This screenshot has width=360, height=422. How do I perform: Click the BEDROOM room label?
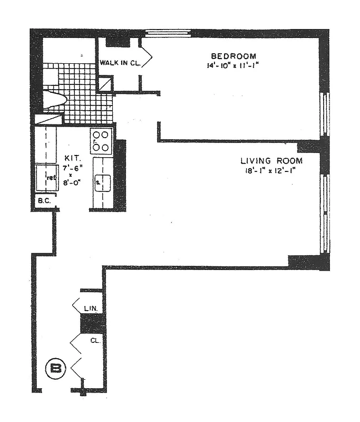tap(233, 56)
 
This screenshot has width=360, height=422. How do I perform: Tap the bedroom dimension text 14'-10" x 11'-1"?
tap(233, 66)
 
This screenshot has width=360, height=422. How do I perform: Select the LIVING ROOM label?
tap(271, 161)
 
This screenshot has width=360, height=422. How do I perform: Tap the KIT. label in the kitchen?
tap(72, 158)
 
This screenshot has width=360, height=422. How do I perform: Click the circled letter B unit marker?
tap(55, 368)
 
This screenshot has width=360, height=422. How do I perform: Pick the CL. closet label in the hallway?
tap(95, 341)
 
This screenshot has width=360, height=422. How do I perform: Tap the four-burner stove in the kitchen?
tap(101, 140)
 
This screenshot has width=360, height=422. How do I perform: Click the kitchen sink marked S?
tap(101, 183)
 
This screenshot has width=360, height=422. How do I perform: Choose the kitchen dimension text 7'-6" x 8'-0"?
tap(74, 175)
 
